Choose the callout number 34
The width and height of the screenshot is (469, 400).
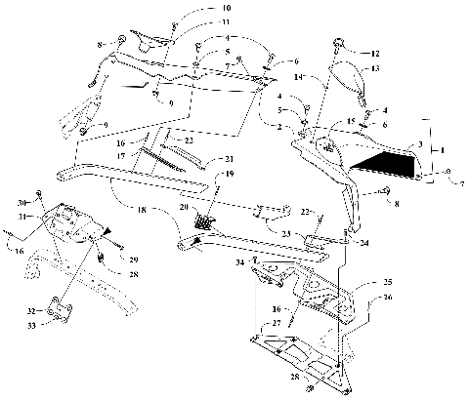coord(239,262)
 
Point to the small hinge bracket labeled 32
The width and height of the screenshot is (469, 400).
coord(63,310)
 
